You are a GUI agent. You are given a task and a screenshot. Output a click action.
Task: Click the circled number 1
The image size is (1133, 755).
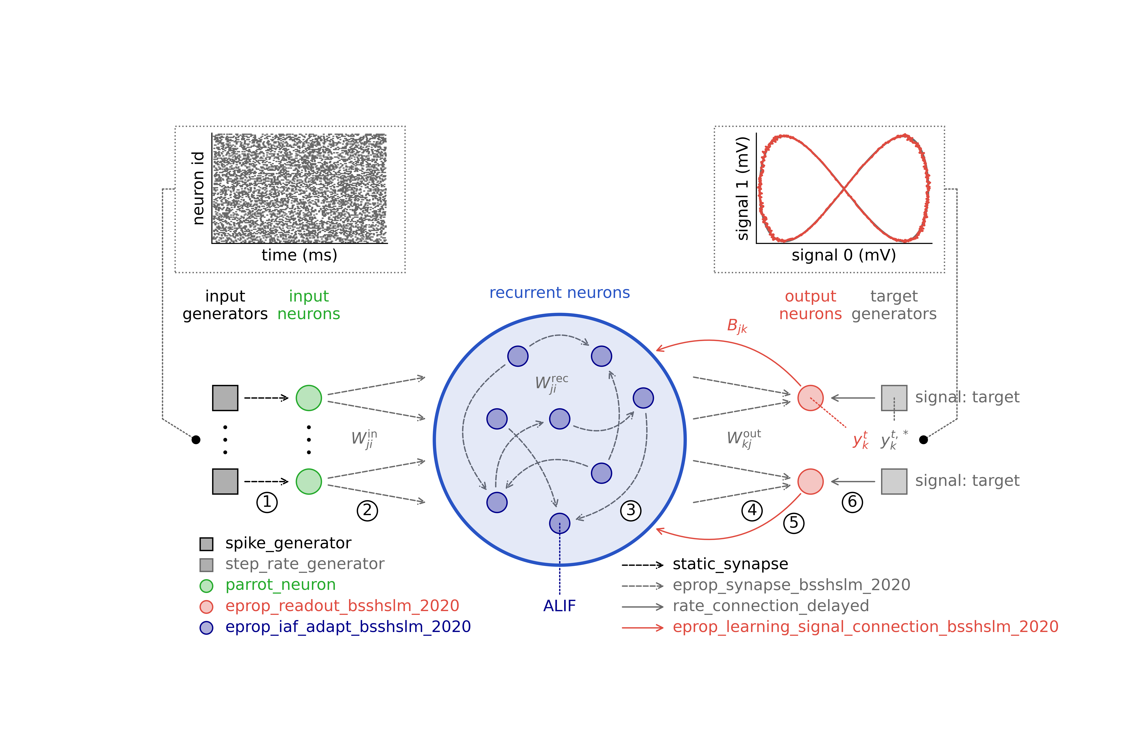(267, 502)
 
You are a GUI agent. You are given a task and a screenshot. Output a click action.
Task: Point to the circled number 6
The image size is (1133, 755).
(852, 502)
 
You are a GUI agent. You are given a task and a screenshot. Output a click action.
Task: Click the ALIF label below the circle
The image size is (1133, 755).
(559, 606)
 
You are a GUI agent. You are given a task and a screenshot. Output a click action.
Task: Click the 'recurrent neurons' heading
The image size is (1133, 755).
(559, 293)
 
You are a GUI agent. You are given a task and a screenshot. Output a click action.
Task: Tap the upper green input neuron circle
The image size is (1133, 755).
(309, 398)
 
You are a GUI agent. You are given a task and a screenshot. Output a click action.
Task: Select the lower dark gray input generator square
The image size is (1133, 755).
(225, 481)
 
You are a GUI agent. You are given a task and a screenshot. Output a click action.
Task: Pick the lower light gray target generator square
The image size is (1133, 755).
(894, 481)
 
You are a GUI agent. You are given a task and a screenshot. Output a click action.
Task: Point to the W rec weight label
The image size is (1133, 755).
(552, 384)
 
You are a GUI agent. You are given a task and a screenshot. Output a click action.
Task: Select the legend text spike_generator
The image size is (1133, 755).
(288, 543)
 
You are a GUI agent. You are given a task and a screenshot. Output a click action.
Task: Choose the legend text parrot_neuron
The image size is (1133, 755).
(280, 585)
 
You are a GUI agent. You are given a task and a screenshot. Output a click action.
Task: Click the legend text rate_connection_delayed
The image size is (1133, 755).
(771, 606)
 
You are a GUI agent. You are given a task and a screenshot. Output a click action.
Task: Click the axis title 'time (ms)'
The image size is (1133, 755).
(299, 255)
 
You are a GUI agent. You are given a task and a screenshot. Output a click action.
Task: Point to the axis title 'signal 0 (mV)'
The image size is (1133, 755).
(843, 255)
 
